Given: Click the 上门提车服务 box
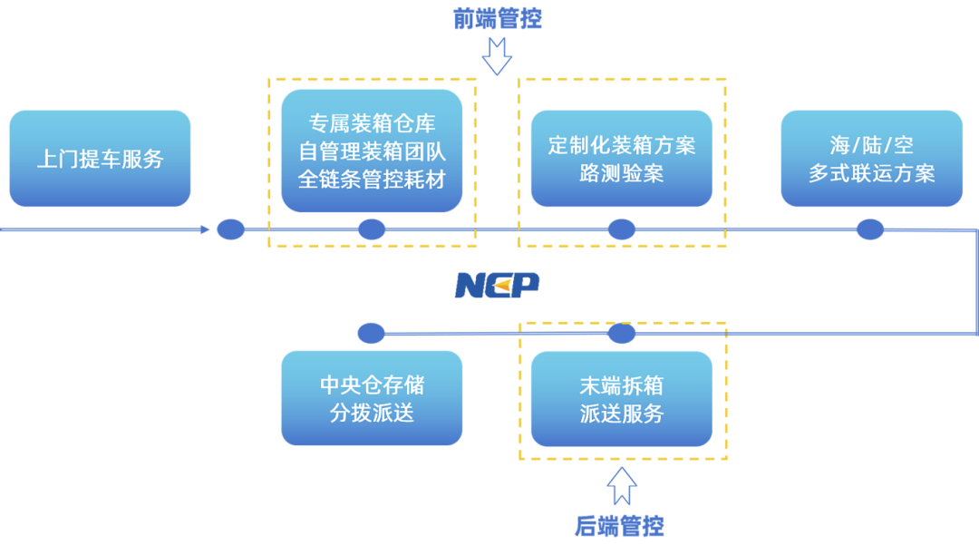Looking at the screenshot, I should [x=101, y=159].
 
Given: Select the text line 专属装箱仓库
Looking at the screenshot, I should [x=372, y=123].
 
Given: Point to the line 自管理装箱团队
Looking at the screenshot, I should [x=372, y=151].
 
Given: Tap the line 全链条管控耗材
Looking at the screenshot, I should [x=372, y=180].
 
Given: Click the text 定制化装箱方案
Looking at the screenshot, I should [x=622, y=145].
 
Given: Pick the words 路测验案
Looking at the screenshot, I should [x=622, y=173].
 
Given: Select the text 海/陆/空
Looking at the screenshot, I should [x=871, y=145].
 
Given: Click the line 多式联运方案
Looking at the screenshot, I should [x=871, y=173].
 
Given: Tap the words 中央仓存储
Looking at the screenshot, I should [x=372, y=384].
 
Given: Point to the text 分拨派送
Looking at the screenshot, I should [x=372, y=413].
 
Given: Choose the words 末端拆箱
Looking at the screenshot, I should [x=622, y=384].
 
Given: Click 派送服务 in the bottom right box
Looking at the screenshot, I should [x=622, y=414].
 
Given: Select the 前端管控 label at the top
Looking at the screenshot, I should [x=497, y=19].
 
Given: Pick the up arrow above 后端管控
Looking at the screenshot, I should [x=622, y=486].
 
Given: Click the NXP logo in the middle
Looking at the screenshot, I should [x=497, y=285].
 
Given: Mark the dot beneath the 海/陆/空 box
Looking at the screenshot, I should [x=870, y=229].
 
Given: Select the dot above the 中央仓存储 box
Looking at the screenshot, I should [x=371, y=333].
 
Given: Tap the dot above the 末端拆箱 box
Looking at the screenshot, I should [x=622, y=333].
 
